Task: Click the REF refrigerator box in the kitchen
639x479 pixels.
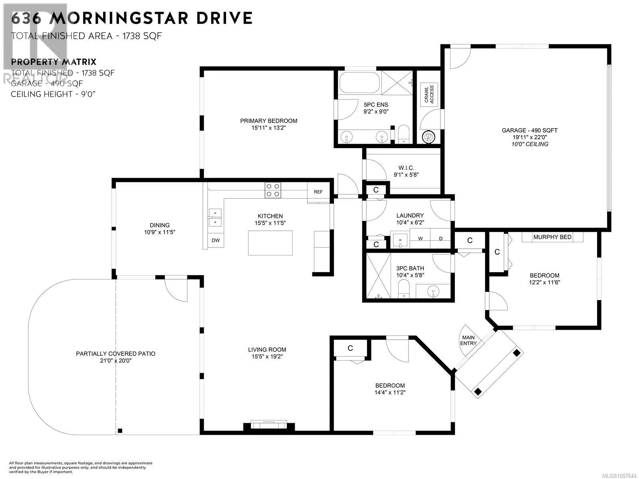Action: [x=318, y=192]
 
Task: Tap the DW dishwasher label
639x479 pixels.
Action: [x=216, y=240]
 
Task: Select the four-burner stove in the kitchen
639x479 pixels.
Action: [x=273, y=190]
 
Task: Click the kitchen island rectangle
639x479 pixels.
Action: [x=270, y=243]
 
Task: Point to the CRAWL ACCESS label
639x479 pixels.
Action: [x=429, y=94]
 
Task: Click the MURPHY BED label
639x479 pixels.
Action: [x=552, y=237]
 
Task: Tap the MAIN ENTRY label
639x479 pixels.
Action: [x=468, y=340]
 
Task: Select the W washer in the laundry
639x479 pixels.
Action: [x=420, y=238]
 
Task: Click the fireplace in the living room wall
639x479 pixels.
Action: [x=269, y=425]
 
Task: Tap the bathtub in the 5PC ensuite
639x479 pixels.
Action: [x=359, y=82]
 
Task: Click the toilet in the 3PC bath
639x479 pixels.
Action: [x=403, y=289]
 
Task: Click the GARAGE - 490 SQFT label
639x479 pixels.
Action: [x=530, y=130]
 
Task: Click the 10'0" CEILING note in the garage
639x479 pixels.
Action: [x=530, y=144]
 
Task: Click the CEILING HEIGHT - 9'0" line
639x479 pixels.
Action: [x=53, y=94]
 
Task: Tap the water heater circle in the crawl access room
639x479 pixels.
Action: [x=429, y=136]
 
